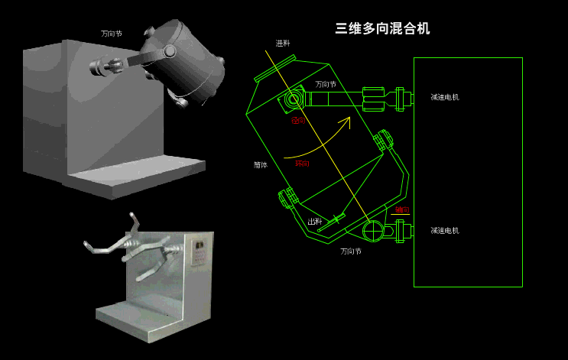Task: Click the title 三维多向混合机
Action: pos(382,29)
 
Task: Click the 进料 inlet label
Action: pos(283,44)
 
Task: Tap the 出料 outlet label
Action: pos(314,222)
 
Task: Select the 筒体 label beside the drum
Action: pos(261,164)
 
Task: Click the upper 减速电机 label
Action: pos(444,98)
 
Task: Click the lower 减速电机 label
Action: pos(444,230)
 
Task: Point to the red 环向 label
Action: pos(302,164)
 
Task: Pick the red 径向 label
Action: pos(298,120)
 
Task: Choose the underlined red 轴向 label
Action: pos(402,210)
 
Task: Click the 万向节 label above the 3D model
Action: pos(112,34)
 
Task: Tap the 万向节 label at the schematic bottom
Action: pos(351,251)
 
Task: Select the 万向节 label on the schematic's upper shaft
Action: pos(326,84)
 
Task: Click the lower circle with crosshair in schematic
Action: pos(373,230)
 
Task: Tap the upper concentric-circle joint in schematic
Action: pos(294,99)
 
